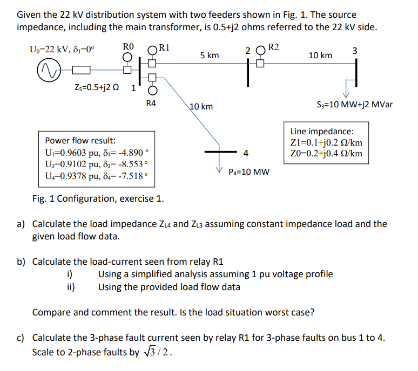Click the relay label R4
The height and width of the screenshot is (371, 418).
[151, 102]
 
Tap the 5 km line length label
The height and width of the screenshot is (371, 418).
[210, 56]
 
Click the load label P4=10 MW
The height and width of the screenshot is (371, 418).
[249, 172]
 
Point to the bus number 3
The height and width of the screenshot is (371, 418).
[354, 51]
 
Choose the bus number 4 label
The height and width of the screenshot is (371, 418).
[246, 153]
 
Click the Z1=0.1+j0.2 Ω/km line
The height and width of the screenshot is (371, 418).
[326, 143]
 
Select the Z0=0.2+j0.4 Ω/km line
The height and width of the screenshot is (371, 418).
[326, 154]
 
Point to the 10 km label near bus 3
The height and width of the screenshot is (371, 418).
[320, 56]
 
